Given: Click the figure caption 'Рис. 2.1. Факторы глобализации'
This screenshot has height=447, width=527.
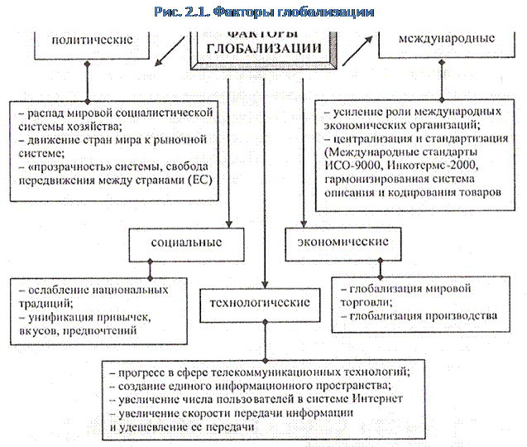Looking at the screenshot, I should click(x=264, y=12).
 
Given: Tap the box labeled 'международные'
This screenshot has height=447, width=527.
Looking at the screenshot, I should click(x=447, y=39).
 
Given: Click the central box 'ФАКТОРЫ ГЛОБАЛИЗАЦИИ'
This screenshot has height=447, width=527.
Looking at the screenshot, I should click(x=266, y=41).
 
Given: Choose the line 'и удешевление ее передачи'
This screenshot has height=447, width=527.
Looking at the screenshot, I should click(x=178, y=427).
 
